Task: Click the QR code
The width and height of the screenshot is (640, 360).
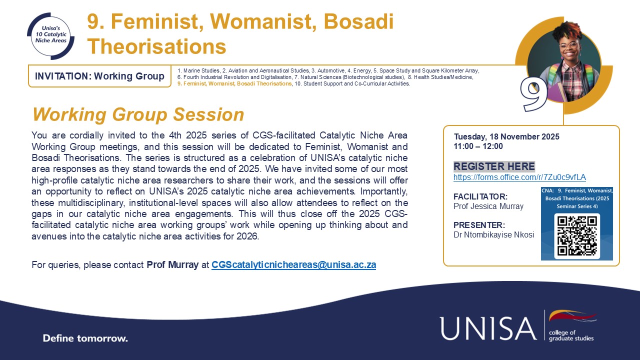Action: pyautogui.click(x=577, y=235)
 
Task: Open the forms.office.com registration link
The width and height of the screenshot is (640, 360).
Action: pyautogui.click(x=519, y=177)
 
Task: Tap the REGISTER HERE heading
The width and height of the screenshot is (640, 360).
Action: pyautogui.click(x=494, y=166)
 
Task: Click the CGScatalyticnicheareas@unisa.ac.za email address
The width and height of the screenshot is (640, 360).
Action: pyautogui.click(x=293, y=265)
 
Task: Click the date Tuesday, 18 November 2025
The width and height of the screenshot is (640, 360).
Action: pyautogui.click(x=506, y=136)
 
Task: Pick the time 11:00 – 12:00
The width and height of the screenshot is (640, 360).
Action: pyautogui.click(x=478, y=146)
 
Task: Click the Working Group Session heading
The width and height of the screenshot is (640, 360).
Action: pyautogui.click(x=138, y=114)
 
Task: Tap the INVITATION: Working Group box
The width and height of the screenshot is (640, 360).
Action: pyautogui.click(x=99, y=76)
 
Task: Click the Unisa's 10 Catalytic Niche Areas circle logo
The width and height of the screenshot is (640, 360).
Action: pyautogui.click(x=50, y=36)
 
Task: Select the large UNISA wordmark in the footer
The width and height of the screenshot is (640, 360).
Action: pyautogui.click(x=488, y=328)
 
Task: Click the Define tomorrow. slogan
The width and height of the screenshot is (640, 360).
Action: pyautogui.click(x=85, y=338)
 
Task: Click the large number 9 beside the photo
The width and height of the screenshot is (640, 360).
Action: pyautogui.click(x=533, y=93)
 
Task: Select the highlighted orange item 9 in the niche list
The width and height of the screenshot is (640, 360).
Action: pyautogui.click(x=234, y=84)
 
